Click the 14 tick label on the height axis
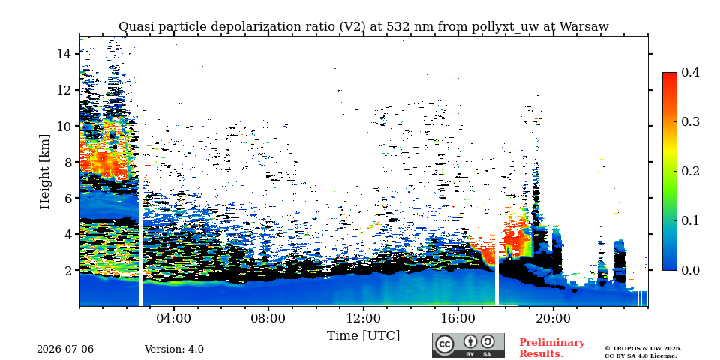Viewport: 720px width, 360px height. point(64,54)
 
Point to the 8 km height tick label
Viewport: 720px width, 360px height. point(67,162)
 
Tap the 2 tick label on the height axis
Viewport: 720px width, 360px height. point(67,270)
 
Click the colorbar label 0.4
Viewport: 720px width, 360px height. point(690,72)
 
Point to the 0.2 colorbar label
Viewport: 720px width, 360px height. point(690,171)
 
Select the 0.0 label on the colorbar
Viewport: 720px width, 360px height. point(690,270)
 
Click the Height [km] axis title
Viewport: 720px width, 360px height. point(44,172)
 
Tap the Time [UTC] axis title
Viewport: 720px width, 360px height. point(363,336)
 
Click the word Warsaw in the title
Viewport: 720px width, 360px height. point(583,27)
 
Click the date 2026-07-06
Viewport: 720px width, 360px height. point(65,349)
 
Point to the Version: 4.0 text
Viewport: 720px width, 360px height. point(174,349)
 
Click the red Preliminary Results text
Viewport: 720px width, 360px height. point(552,348)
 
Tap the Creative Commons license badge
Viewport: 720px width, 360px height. point(468,345)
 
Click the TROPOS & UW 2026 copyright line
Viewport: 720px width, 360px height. point(643,349)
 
